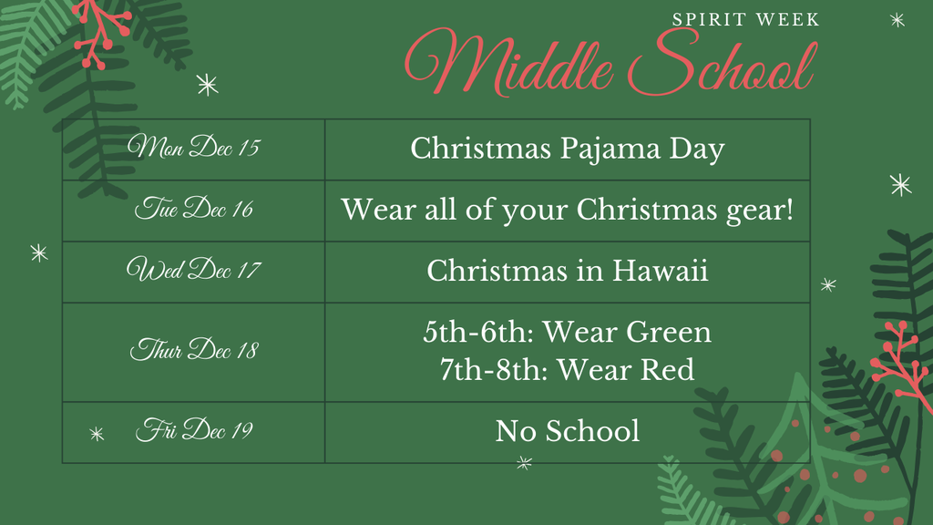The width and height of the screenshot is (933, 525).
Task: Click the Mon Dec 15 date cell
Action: [193, 149]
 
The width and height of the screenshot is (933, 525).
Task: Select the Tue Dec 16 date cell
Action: [193, 210]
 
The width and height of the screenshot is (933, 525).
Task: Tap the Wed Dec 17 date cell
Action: [193, 271]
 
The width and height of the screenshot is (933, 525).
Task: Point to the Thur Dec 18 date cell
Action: [193, 351]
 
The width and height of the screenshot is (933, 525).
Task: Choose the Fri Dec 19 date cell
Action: [193, 431]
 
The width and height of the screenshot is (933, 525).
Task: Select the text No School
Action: [567, 431]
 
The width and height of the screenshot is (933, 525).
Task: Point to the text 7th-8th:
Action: [494, 370]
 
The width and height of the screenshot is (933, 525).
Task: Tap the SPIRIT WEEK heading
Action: [745, 19]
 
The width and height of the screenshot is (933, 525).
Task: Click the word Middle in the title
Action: [510, 62]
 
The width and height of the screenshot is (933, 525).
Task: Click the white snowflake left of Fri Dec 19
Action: [97, 434]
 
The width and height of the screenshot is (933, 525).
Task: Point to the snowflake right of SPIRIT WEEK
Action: [897, 19]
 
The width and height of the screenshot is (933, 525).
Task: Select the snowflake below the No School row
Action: [524, 463]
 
